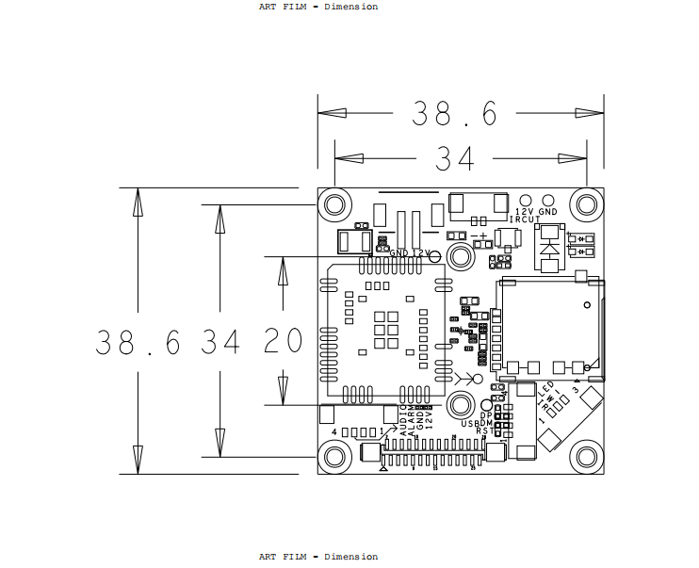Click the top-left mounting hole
pos(334,204)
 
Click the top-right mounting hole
pos(587,204)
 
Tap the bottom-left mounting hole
pos(334,457)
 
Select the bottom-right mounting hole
pos(587,457)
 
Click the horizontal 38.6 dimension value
pos(454,114)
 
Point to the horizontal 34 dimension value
pos(454,159)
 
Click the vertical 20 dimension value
pos(282,342)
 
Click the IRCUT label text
pos(525,219)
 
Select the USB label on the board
pos(470,424)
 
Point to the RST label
pos(482,431)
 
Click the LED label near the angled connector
pos(547,388)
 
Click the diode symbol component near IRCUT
pos(548,251)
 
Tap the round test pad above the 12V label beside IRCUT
pos(526,200)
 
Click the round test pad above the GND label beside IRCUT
pos(548,200)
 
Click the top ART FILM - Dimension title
pos(318,7)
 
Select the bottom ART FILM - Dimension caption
pos(318,557)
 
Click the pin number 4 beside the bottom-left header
pos(334,432)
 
